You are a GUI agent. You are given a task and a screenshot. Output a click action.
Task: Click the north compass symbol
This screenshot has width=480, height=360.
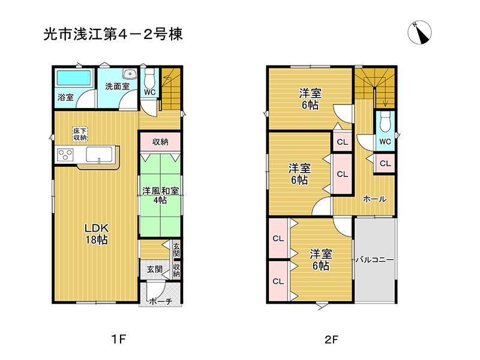tap(419, 32)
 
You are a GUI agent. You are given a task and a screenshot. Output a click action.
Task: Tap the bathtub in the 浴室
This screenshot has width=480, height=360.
tap(74, 78)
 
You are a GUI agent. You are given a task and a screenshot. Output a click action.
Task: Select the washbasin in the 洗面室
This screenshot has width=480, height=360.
tap(130, 74)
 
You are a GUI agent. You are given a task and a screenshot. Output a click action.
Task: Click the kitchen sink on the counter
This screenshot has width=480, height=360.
tap(99, 154)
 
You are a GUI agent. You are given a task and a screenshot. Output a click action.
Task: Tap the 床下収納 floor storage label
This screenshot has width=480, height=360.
tap(80, 134)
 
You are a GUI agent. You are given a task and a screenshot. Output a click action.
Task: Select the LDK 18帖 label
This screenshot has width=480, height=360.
tap(97, 234)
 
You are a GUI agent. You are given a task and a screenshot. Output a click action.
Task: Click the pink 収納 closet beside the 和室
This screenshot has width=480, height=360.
tap(160, 142)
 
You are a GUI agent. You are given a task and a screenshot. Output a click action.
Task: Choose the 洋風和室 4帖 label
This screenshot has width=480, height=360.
tap(160, 196)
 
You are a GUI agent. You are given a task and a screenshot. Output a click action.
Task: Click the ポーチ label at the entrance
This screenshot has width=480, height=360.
tap(160, 302)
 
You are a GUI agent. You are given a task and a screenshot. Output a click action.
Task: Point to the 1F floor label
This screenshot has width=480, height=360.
tap(118, 339)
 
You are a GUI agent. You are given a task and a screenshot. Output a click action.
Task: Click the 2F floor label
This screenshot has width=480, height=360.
tap(332, 339)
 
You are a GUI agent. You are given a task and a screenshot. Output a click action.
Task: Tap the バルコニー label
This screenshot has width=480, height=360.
tap(375, 260)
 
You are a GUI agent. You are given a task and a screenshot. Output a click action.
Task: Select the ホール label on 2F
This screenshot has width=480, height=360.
tap(374, 199)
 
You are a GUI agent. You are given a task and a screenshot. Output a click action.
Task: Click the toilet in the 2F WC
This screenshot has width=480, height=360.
tap(385, 122)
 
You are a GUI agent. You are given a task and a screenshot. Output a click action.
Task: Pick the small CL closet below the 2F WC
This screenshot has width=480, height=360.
tap(385, 163)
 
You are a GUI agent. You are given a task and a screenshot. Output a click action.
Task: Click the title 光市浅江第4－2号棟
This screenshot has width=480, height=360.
tap(113, 34)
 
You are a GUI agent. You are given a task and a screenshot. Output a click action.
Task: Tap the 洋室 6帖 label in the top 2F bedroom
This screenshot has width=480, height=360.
tap(310, 98)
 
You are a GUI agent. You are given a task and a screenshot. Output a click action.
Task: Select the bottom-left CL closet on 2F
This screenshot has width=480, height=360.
tap(278, 281)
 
